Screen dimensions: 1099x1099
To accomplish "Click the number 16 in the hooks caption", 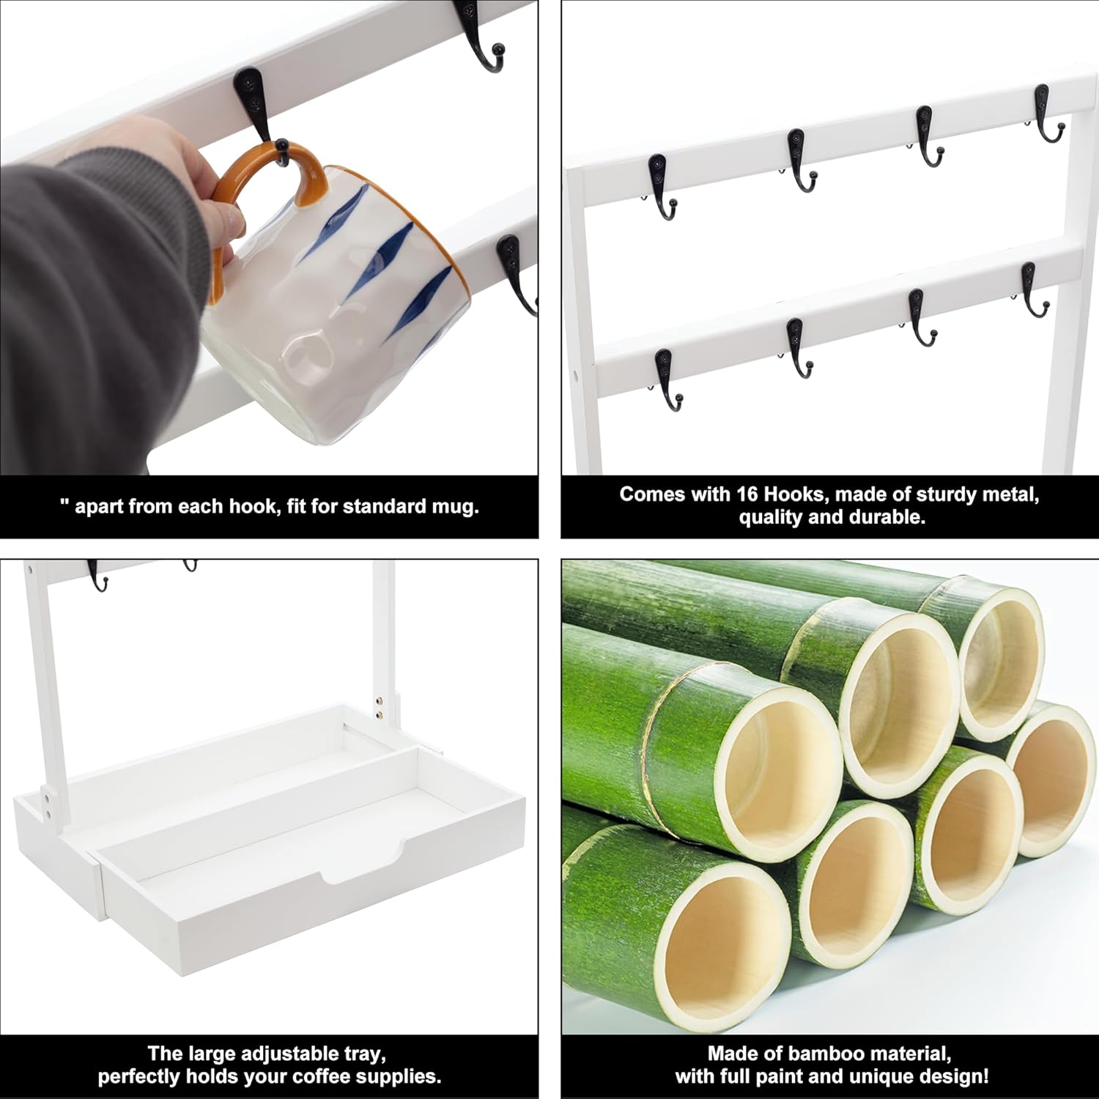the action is click(747, 495).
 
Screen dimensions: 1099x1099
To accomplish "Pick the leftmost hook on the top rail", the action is click(662, 187).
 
